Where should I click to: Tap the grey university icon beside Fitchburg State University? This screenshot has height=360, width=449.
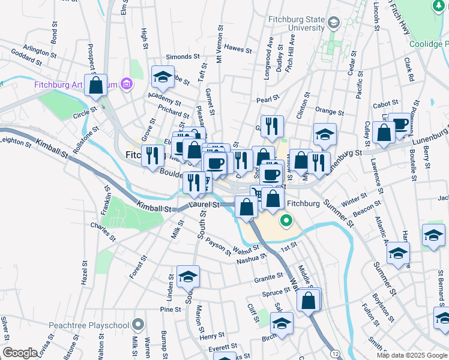coord(334,23)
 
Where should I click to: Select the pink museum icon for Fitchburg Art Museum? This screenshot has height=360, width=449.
coord(126,84)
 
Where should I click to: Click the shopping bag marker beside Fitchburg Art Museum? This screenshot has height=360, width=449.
coord(96,85)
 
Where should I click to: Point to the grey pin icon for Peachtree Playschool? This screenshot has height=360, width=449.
coord(138,325)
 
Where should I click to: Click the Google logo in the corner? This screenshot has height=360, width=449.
coord(20,353)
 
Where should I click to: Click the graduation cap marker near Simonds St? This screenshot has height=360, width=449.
coord(162,77)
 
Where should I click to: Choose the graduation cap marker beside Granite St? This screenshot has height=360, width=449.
coord(188,276)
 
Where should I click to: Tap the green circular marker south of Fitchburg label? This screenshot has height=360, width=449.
coord(286,221)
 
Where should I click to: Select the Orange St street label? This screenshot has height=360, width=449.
coord(329,112)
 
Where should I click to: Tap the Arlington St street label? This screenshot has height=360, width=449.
coord(39,50)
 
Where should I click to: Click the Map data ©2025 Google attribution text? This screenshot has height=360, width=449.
coord(412,355)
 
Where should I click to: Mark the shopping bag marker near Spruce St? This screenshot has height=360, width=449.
coord(308,301)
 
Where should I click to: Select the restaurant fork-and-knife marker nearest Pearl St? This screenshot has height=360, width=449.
coord(272,126)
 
